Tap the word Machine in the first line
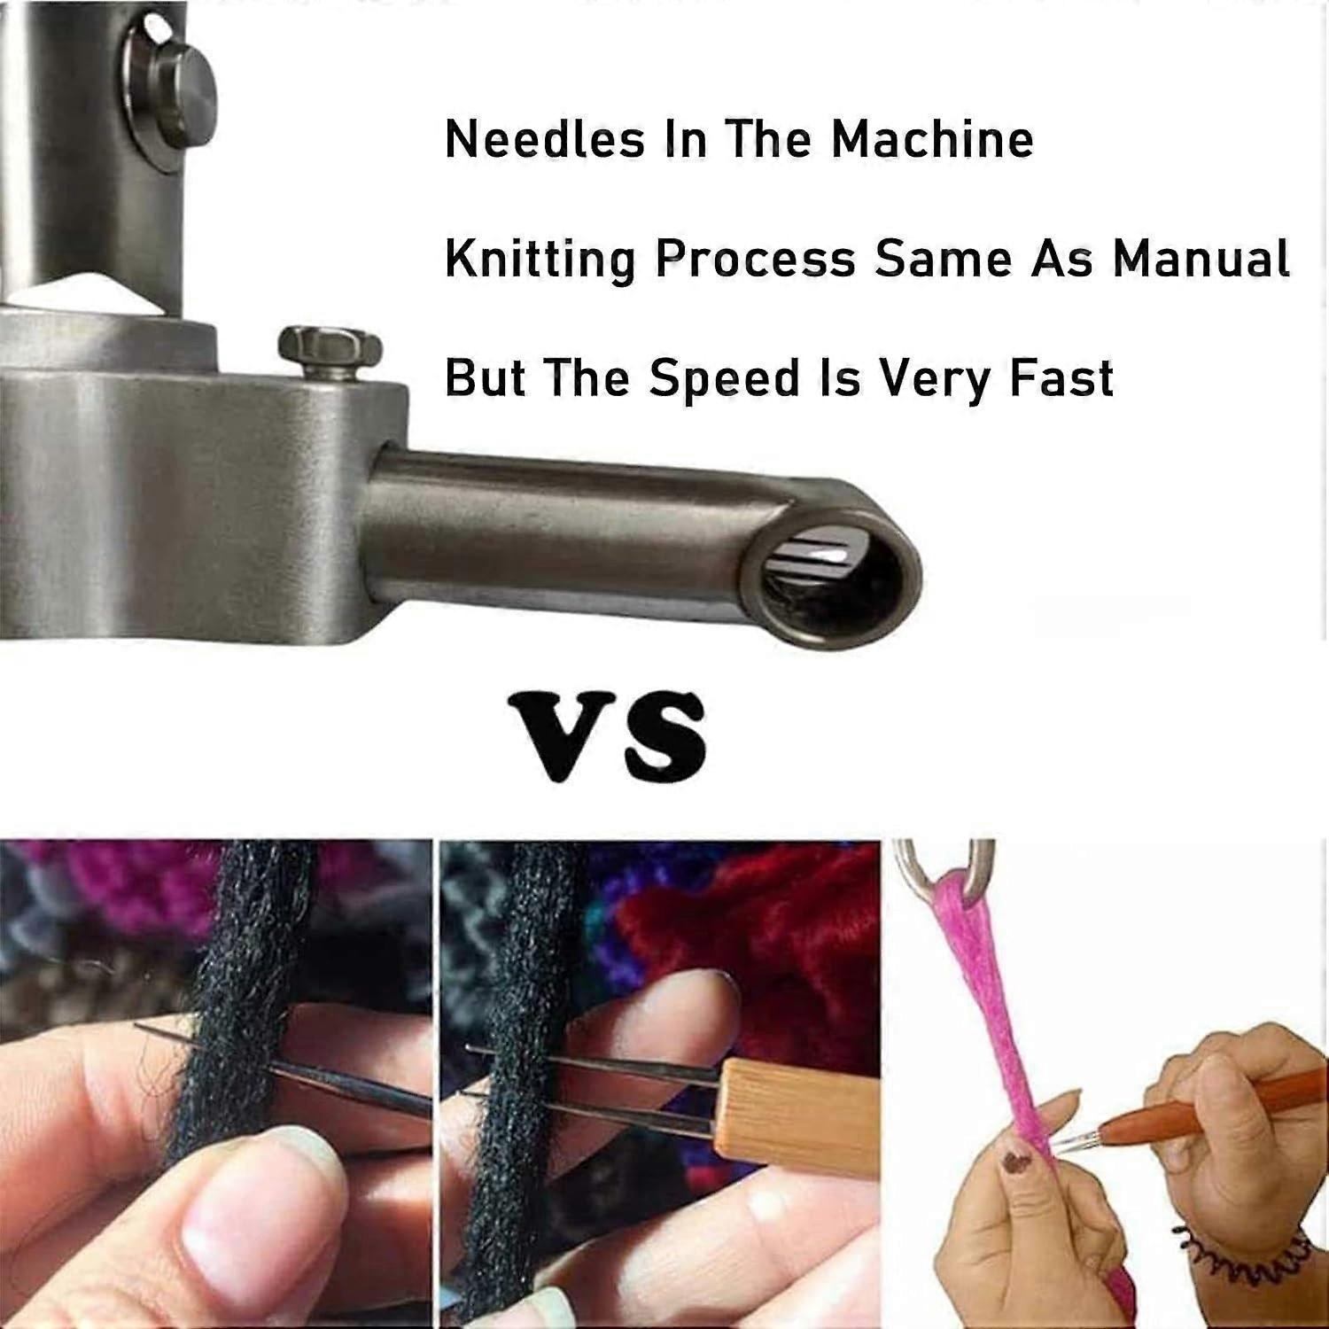pos(932,139)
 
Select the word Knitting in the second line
pos(540,260)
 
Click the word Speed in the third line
pos(725,378)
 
